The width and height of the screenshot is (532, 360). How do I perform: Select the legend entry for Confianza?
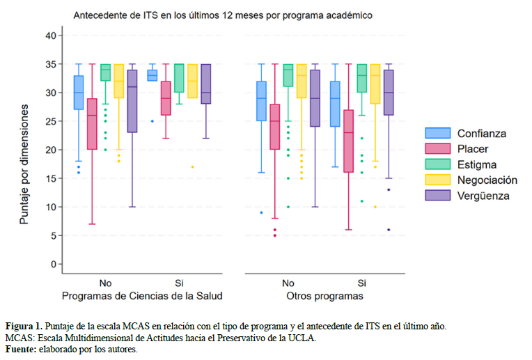tap(481, 133)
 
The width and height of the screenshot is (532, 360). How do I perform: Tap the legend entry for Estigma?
tap(476, 164)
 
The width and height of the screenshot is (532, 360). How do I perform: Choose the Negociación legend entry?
tap(487, 180)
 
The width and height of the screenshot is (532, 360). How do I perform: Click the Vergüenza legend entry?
tap(483, 196)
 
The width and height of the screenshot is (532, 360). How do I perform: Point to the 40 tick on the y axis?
tap(49, 36)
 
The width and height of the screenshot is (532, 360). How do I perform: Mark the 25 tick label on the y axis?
tap(49, 121)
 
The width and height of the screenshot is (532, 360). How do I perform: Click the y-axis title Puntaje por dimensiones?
tap(24, 164)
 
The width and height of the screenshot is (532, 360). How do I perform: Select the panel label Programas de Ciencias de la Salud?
tap(142, 297)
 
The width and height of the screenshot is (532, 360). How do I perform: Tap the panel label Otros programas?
tap(324, 297)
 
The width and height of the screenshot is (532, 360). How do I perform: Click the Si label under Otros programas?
tap(361, 283)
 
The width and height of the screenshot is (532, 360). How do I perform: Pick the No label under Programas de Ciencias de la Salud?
tap(105, 283)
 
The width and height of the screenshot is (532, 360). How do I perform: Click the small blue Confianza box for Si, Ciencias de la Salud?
tap(152, 75)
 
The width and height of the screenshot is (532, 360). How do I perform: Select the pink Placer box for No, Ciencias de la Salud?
tap(92, 124)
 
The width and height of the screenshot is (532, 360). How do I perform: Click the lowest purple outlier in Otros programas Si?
tap(389, 230)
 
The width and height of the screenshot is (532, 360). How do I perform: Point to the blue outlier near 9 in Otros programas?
tap(261, 212)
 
